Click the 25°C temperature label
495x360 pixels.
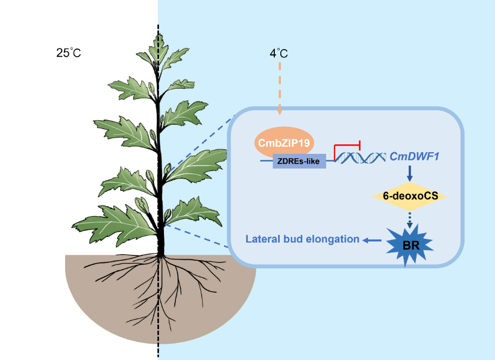[x=68, y=53]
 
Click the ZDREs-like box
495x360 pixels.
[x=300, y=161]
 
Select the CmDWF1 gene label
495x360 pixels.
[x=414, y=158]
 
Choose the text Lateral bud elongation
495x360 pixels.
[x=302, y=240]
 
